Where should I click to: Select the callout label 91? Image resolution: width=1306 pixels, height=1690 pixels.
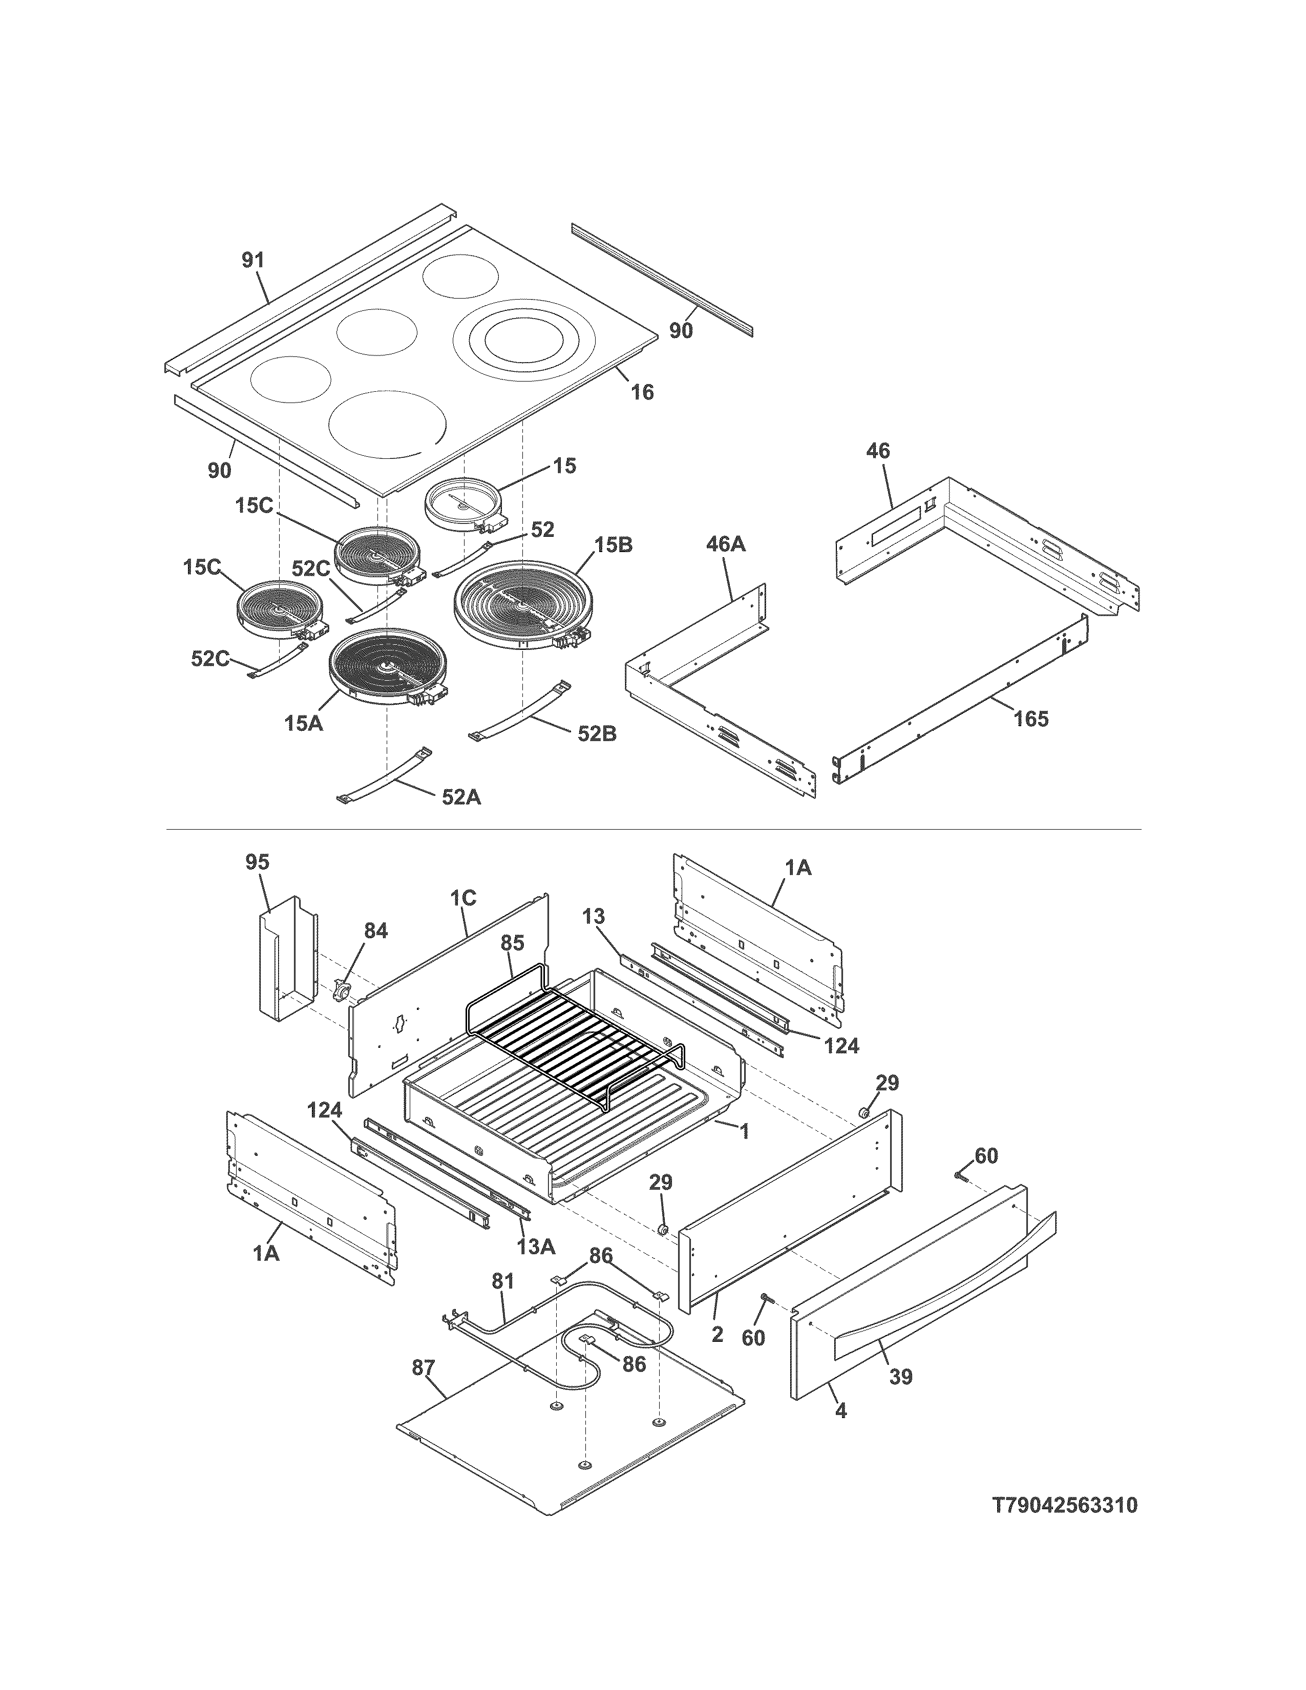click(x=253, y=261)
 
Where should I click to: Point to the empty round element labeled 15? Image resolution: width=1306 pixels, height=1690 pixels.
click(x=462, y=504)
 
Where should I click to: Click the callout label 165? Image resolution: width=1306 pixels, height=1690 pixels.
click(x=1031, y=719)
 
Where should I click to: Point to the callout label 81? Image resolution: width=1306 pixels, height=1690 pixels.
click(x=503, y=1281)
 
